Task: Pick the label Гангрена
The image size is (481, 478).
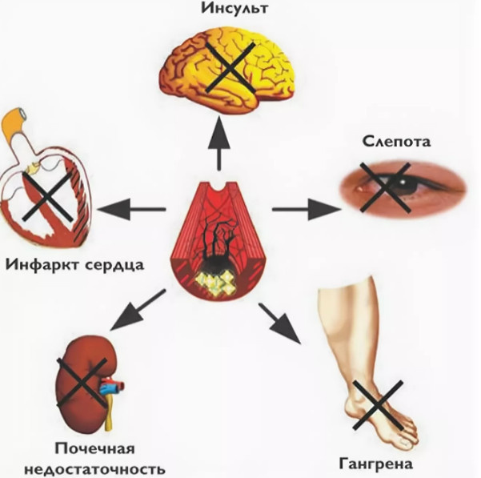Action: (375, 464)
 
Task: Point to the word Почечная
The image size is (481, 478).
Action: (95, 448)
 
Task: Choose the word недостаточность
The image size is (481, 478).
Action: (95, 468)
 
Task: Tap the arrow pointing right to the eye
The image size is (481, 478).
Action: (303, 209)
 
